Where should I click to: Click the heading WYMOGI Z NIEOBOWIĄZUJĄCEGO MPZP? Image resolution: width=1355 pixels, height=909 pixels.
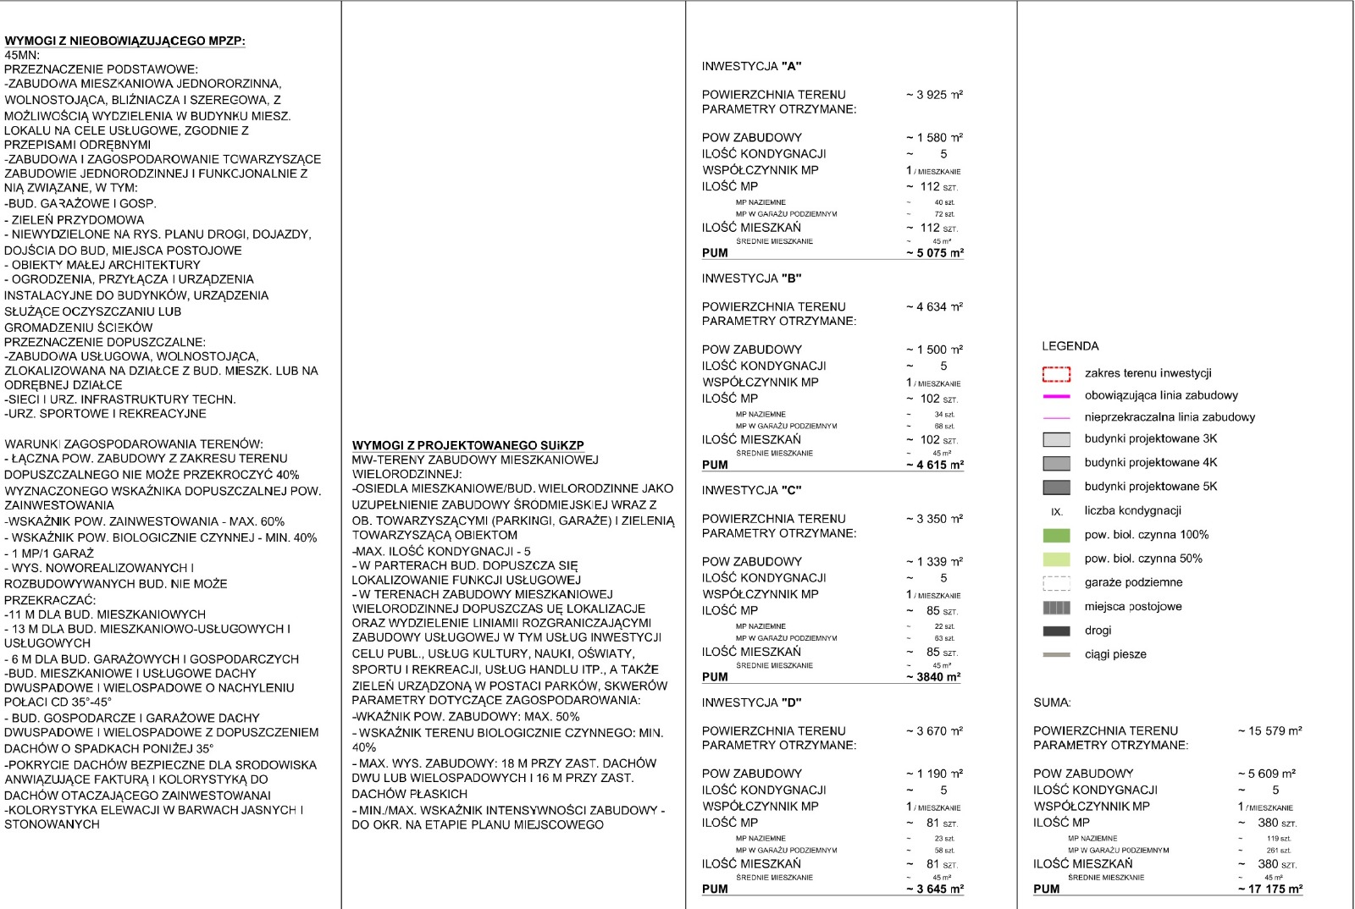[124, 41]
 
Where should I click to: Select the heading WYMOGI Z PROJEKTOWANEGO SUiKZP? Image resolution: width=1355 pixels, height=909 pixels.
[467, 445]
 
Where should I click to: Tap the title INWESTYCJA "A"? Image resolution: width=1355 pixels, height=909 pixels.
[751, 66]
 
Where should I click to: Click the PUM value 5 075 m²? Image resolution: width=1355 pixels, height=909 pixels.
[935, 252]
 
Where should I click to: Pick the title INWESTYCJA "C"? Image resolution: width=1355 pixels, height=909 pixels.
[751, 490]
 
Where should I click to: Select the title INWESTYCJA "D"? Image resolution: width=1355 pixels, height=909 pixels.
[751, 702]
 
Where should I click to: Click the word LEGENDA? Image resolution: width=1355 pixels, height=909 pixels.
[1070, 346]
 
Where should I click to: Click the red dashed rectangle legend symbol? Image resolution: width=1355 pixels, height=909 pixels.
[1056, 374]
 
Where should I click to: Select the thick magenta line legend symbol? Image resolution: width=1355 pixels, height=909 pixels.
[1056, 396]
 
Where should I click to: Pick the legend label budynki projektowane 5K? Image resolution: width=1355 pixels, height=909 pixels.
[1150, 487]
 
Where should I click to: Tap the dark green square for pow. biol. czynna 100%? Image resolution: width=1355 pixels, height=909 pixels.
[1056, 535]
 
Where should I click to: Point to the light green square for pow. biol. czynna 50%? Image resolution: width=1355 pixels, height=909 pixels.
[1056, 559]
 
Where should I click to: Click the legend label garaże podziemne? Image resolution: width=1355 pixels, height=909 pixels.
[1133, 582]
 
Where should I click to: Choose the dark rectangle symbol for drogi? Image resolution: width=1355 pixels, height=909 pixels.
[1056, 631]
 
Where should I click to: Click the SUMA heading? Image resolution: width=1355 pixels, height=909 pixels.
[1052, 702]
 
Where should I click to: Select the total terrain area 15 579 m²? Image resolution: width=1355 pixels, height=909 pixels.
[1269, 730]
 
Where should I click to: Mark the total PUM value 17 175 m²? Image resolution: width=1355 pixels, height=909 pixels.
[1269, 889]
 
